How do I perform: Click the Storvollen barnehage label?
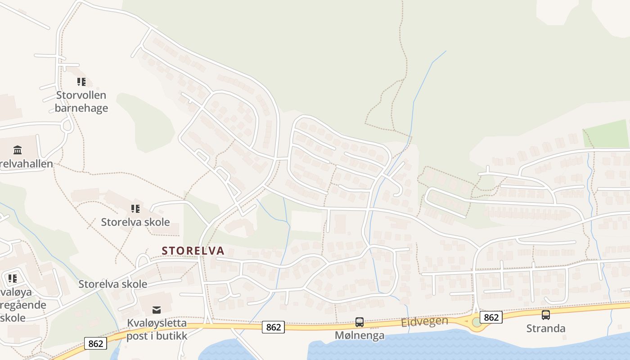pyautogui.click(x=81, y=102)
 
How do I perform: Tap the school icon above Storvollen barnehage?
pyautogui.click(x=81, y=82)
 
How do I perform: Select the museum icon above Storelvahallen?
pyautogui.click(x=18, y=150)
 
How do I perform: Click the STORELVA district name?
pyautogui.click(x=193, y=251)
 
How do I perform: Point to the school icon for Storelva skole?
pyautogui.click(x=135, y=209)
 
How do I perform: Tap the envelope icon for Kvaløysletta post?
pyautogui.click(x=156, y=310)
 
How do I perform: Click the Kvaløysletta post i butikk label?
pyautogui.click(x=157, y=329)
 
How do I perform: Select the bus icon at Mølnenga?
pyautogui.click(x=360, y=322)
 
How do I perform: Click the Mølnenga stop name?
pyautogui.click(x=360, y=336)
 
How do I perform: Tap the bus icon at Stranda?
pyautogui.click(x=546, y=315)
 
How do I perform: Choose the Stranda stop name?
pyautogui.click(x=546, y=328)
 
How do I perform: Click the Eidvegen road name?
pyautogui.click(x=425, y=321)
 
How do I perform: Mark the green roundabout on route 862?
pyautogui.click(x=477, y=322)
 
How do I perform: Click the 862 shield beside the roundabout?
pyautogui.click(x=491, y=317)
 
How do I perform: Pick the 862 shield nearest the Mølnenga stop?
pyautogui.click(x=274, y=327)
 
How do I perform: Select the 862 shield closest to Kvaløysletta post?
pyautogui.click(x=95, y=344)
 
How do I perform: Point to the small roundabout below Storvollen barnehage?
pyautogui.click(x=67, y=126)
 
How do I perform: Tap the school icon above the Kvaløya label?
pyautogui.click(x=12, y=279)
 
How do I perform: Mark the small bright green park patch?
pyautogui.click(x=606, y=134)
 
